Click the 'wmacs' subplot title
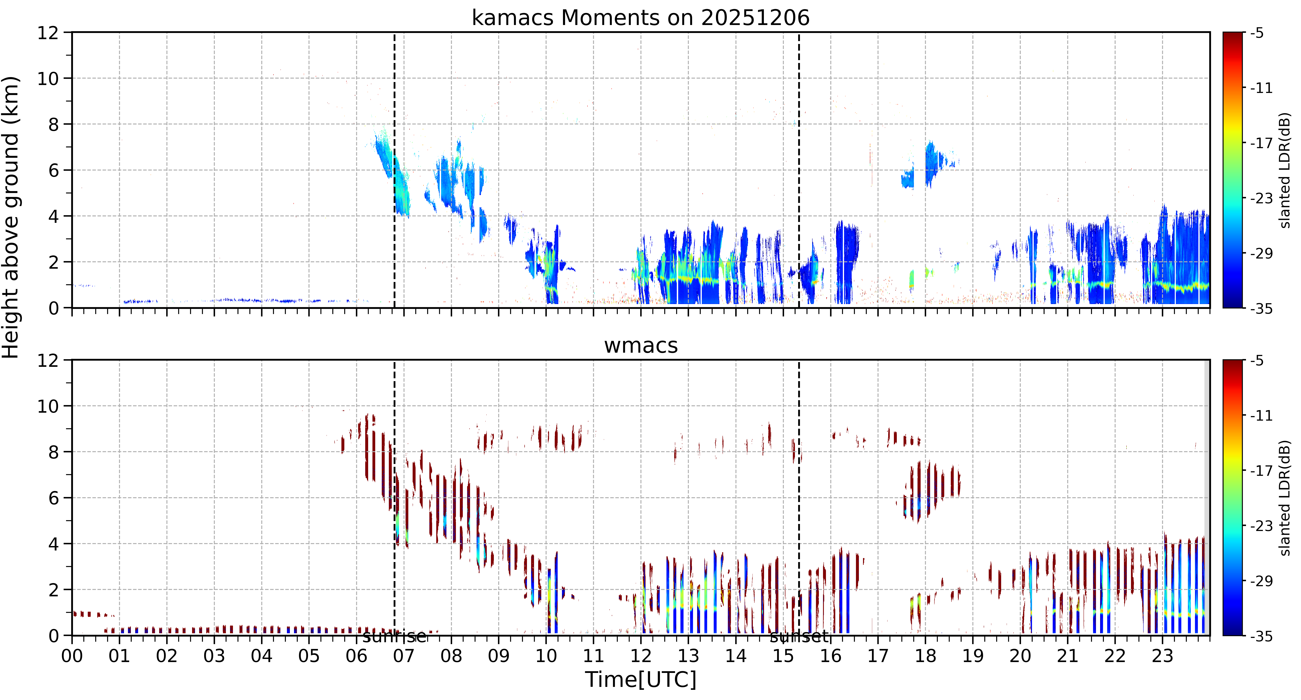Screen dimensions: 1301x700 click(640, 345)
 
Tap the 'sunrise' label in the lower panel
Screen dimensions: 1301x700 click(395, 636)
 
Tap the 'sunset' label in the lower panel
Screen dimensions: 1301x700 click(799, 636)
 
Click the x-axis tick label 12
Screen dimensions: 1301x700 click(640, 656)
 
